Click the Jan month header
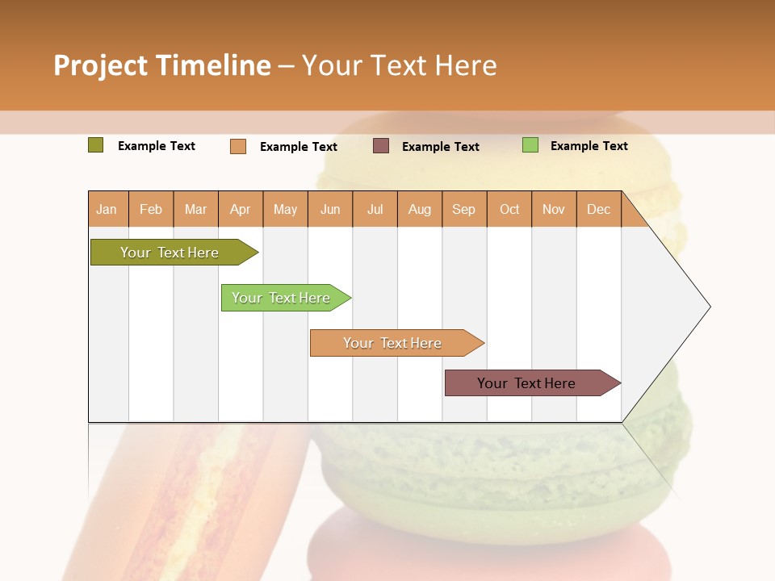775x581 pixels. point(107,210)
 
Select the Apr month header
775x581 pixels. point(240,210)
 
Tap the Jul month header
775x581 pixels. point(375,210)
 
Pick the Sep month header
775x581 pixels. point(463,210)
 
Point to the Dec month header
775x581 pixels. point(598,210)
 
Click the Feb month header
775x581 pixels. point(151,210)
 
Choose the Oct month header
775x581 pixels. point(509,210)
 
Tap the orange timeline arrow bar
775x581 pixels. point(393,343)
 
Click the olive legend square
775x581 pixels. point(95,145)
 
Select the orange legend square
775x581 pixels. point(238,146)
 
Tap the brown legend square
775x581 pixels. point(381,146)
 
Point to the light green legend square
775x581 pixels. point(530,145)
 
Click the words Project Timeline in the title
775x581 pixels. point(161,65)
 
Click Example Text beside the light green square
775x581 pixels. point(589,146)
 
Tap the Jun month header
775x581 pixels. point(330,210)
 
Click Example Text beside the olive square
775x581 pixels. point(157,146)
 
